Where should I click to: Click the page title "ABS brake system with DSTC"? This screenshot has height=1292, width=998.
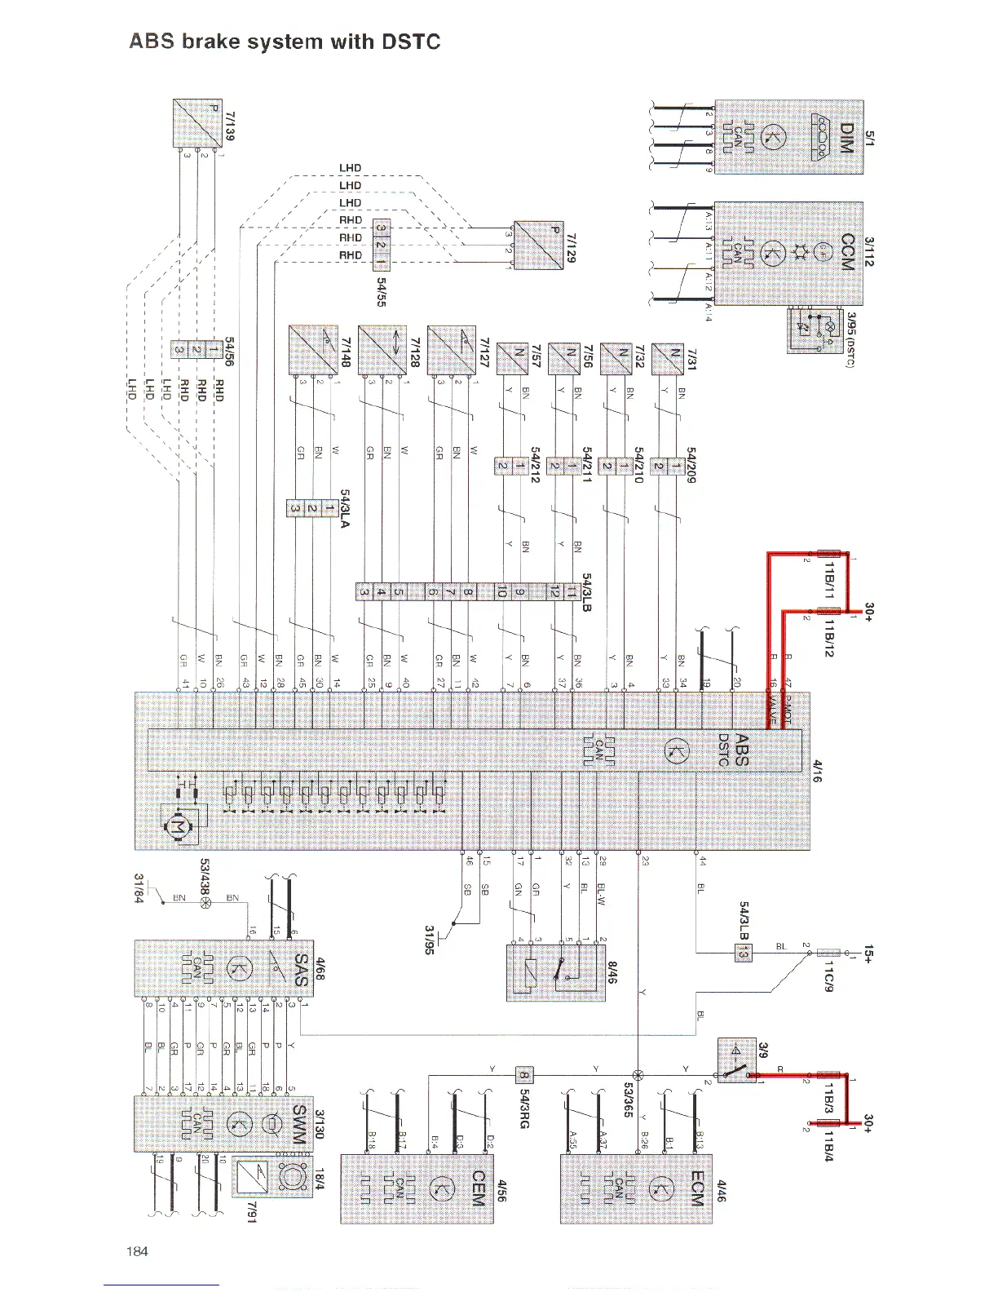pyautogui.click(x=285, y=42)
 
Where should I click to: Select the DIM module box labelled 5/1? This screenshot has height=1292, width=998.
pyautogui.click(x=788, y=137)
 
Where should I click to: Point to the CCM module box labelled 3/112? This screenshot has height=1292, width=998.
pyautogui.click(x=788, y=253)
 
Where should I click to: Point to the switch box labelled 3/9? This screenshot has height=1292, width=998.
pyautogui.click(x=738, y=1060)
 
